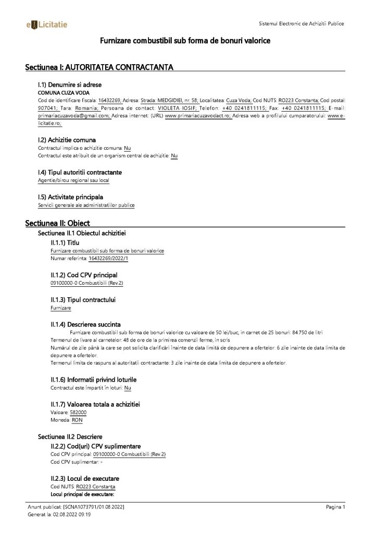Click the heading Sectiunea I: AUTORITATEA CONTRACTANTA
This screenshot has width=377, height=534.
(99, 68)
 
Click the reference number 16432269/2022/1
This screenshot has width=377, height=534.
(108, 258)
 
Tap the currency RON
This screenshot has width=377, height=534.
(77, 420)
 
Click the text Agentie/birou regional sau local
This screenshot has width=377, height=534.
(73, 180)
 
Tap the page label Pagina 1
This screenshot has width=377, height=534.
(335, 506)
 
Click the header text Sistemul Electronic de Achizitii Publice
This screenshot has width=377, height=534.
(301, 24)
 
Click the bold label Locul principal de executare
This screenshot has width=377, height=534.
(82, 493)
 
